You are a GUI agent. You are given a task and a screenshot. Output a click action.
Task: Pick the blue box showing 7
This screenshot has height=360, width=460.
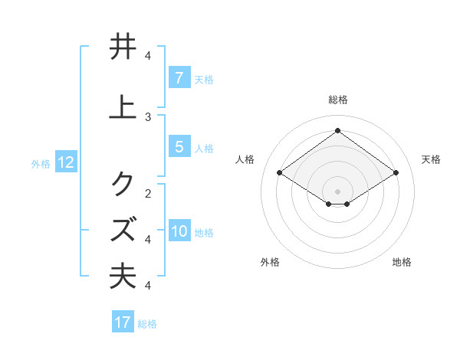point(179,78)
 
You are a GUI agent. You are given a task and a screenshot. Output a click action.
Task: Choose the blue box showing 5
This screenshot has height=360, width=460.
point(179,147)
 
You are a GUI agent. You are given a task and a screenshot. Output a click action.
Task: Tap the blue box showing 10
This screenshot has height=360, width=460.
point(179,232)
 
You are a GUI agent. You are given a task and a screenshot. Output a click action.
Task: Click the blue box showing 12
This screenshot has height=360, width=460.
point(66,162)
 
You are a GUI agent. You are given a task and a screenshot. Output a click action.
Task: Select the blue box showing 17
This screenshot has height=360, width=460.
point(123,322)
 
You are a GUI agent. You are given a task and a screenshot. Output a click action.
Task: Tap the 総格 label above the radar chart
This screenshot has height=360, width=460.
point(337,100)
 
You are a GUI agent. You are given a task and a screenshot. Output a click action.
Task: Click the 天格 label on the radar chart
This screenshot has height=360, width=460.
point(431,159)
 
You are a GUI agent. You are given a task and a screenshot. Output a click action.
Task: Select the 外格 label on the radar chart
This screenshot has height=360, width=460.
point(270,262)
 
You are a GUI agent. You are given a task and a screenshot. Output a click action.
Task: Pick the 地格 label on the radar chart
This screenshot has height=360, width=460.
point(402,262)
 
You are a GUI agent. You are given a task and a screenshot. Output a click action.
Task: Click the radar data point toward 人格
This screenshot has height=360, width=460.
point(280,173)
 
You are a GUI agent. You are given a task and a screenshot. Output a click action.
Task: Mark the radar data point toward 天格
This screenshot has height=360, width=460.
point(396,173)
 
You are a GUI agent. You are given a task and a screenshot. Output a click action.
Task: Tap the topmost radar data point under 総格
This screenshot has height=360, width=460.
point(337,130)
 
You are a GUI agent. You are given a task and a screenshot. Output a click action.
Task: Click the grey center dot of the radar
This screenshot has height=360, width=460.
point(337,191)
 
